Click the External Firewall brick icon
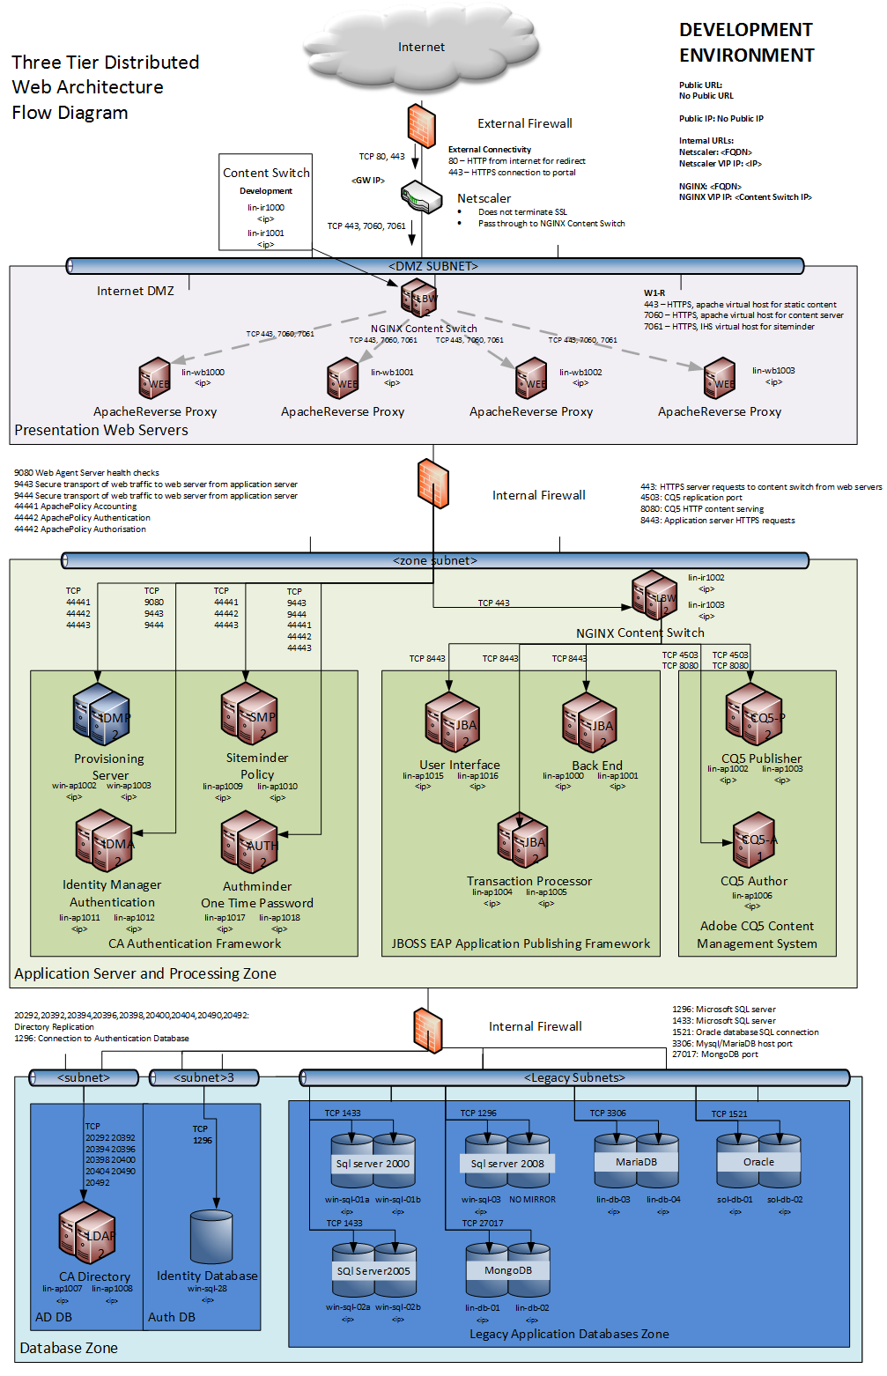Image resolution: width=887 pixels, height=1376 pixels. [421, 125]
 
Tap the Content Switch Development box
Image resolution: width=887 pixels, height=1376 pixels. [265, 202]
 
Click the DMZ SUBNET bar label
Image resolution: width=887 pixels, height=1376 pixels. [433, 266]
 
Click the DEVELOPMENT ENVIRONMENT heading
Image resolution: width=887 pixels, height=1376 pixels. [746, 42]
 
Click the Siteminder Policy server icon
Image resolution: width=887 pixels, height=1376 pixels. [249, 714]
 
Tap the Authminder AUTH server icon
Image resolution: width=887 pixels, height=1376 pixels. [249, 842]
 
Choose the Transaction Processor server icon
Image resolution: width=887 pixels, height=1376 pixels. [522, 840]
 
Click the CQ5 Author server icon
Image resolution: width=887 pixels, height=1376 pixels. [755, 840]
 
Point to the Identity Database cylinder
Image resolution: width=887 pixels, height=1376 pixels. [211, 1237]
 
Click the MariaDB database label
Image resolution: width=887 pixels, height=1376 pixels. [636, 1162]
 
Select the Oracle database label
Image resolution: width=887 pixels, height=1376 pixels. [758, 1162]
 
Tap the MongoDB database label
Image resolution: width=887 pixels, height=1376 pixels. [507, 1270]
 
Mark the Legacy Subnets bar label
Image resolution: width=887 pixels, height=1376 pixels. [574, 1077]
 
